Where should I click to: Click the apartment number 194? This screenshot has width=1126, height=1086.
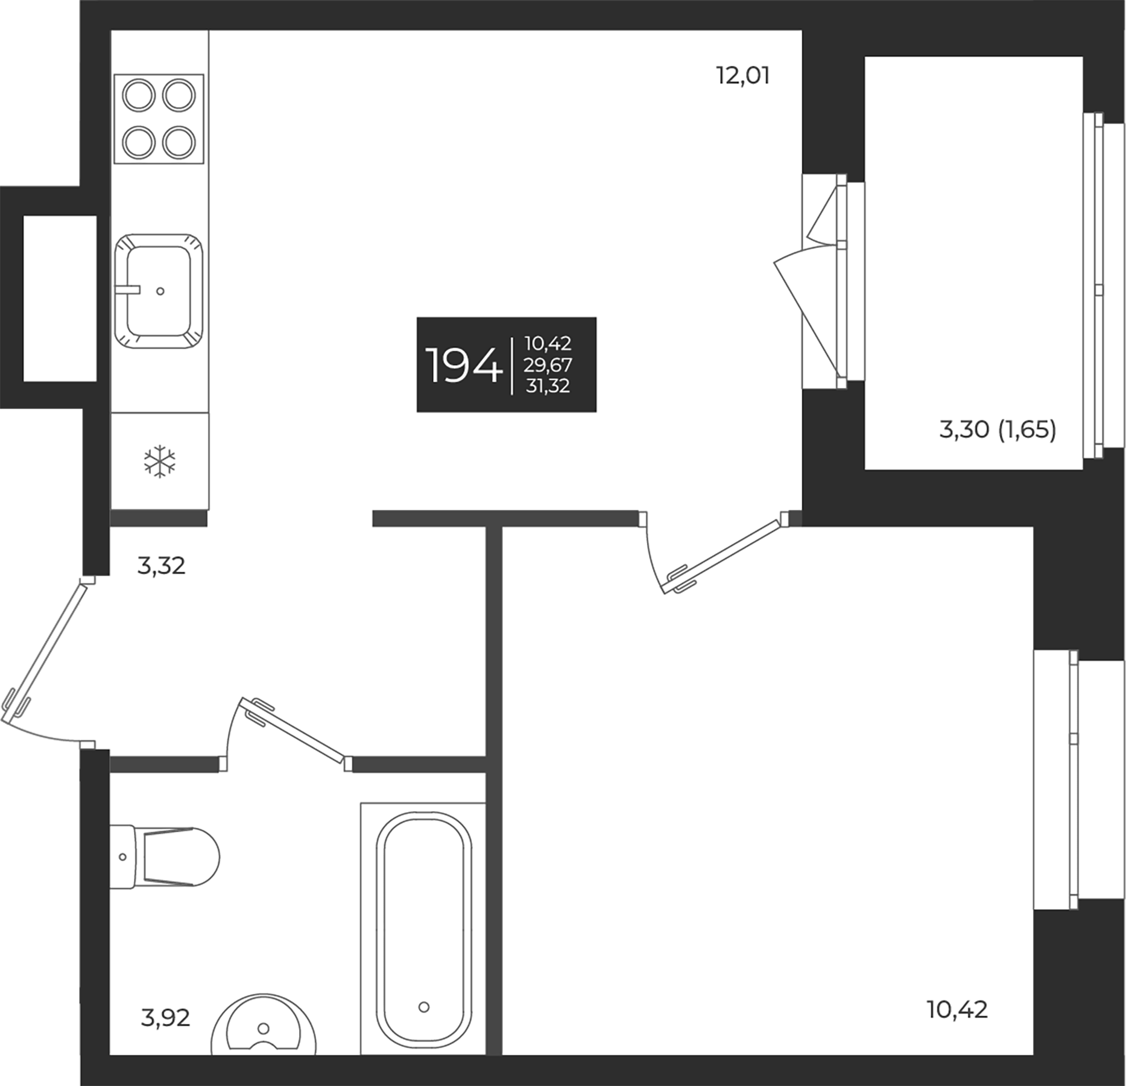pyautogui.click(x=463, y=366)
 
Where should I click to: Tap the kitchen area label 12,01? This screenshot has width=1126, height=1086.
pyautogui.click(x=742, y=77)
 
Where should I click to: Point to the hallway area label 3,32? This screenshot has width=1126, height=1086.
pyautogui.click(x=161, y=566)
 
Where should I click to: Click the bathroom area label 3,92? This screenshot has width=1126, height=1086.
pyautogui.click(x=165, y=1018)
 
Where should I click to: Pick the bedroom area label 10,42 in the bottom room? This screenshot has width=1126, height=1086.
pyautogui.click(x=958, y=1009)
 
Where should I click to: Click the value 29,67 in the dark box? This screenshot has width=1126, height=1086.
pyautogui.click(x=548, y=365)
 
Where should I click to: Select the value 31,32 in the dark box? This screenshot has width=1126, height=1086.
pyautogui.click(x=548, y=386)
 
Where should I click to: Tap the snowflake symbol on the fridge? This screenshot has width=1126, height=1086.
pyautogui.click(x=159, y=462)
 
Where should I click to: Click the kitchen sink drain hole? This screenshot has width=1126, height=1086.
pyautogui.click(x=160, y=291)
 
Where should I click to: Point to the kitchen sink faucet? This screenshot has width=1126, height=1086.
pyautogui.click(x=128, y=290)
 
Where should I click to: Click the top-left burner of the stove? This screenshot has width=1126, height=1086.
pyautogui.click(x=139, y=95)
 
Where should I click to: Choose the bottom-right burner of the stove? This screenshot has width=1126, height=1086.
pyautogui.click(x=179, y=142)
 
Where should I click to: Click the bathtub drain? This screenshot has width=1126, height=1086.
pyautogui.click(x=424, y=1006)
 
